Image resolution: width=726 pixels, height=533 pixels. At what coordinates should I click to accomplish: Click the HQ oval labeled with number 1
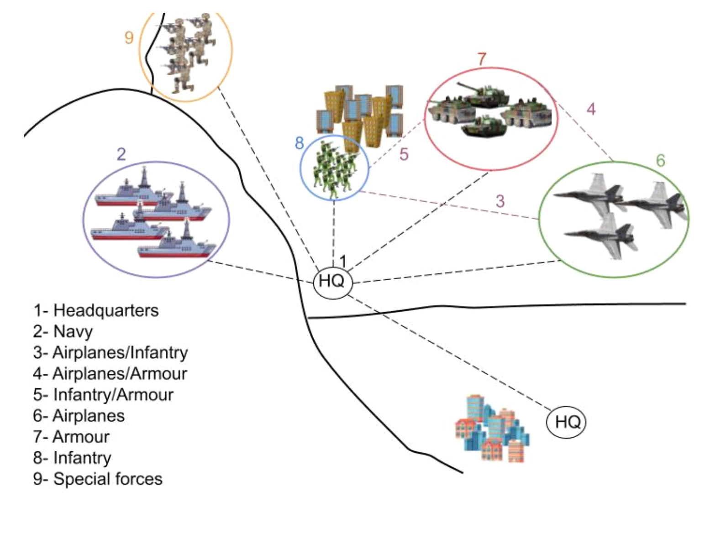[x=333, y=282]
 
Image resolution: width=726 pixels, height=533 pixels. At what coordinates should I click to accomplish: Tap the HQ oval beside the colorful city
[x=566, y=422]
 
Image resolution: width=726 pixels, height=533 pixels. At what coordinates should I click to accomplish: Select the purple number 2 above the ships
[x=121, y=154]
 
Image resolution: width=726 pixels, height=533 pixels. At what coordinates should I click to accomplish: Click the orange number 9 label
[x=129, y=37]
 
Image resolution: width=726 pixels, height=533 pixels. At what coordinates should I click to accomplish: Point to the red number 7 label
[x=482, y=59]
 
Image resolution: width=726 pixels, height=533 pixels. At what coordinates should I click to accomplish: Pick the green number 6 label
[x=660, y=161]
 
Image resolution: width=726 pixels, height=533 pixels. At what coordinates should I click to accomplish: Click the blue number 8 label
[x=299, y=143]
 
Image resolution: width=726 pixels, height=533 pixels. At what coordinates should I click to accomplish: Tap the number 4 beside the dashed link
[x=591, y=109]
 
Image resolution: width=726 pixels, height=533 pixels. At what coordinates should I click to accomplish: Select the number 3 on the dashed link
[x=500, y=201]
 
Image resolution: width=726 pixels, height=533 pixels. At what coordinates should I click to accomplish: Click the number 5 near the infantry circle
[x=404, y=155]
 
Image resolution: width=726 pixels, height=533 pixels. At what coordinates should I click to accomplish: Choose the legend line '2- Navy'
[x=63, y=331]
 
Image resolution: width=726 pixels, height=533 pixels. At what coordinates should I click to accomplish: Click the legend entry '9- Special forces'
[x=98, y=479]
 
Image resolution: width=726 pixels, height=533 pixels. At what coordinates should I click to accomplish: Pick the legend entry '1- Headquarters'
[x=96, y=310]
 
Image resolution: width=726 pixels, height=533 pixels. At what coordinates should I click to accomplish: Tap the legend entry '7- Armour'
[x=71, y=437]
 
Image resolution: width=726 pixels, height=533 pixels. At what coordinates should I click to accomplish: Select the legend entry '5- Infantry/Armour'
[x=103, y=395]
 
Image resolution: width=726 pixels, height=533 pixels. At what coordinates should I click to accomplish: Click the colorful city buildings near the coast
[x=492, y=430]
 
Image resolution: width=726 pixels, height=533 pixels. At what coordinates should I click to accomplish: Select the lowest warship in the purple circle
[x=177, y=245]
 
